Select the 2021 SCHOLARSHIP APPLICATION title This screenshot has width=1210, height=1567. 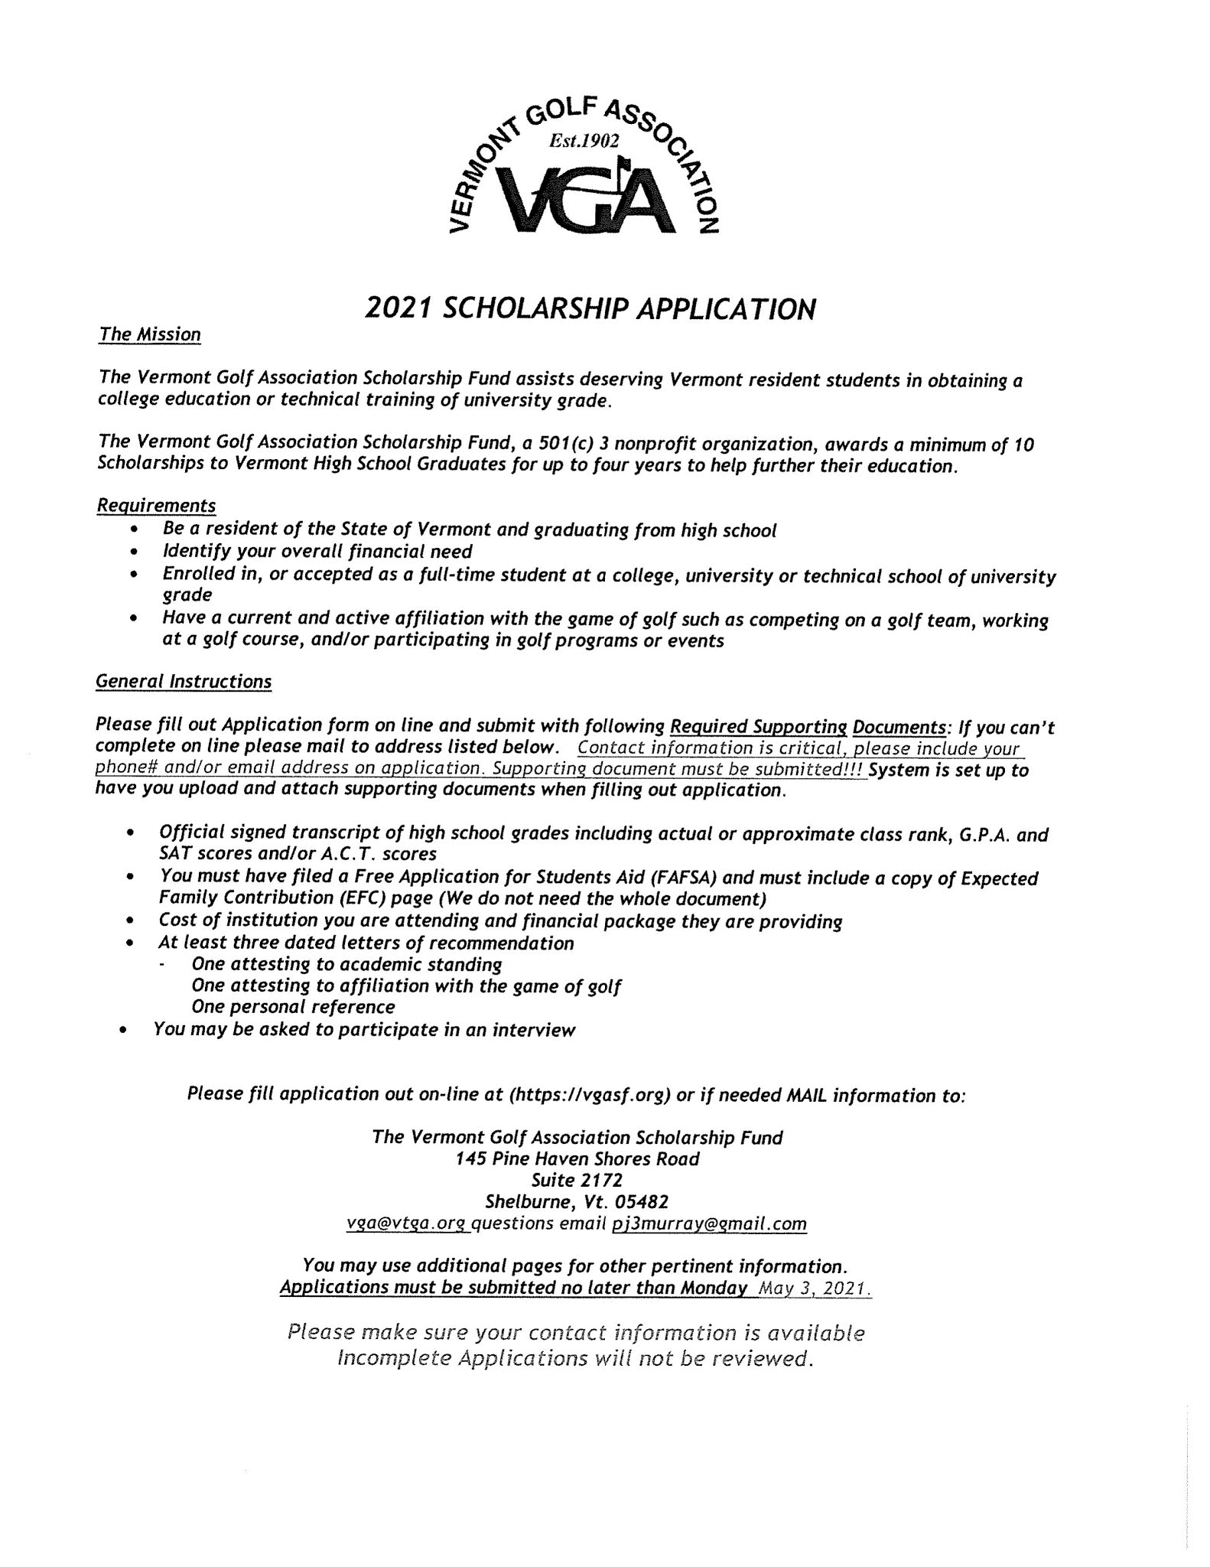pos(590,309)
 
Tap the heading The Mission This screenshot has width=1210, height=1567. pos(149,334)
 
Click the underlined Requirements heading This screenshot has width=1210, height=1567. pos(155,506)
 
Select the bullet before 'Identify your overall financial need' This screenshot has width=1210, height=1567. pos(135,552)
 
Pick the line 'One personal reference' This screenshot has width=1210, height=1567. pos(293,1006)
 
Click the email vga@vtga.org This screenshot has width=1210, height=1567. pos(405,1223)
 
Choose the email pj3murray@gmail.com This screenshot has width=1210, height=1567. pos(709,1223)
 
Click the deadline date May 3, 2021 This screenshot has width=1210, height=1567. pos(812,1288)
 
